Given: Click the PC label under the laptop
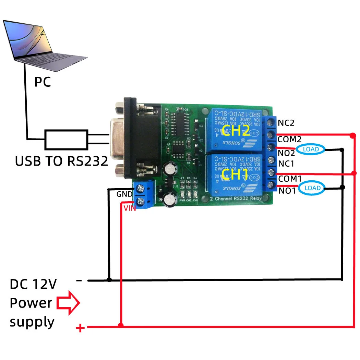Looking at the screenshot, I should tap(43, 82).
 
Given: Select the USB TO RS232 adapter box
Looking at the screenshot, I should tap(67, 140).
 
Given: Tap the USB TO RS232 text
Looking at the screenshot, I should tap(62, 161).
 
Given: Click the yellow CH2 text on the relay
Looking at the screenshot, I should tap(236, 131).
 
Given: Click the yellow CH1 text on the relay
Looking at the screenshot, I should tap(235, 175).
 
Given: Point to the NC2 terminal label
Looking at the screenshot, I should tap(286, 123).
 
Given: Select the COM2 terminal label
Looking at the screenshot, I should tap(289, 140).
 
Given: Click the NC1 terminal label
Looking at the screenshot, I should tap(286, 164).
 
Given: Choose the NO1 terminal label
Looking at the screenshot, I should tap(287, 191).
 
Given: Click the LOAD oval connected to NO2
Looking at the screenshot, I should tap(311, 149).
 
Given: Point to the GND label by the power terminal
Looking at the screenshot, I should tap(124, 194).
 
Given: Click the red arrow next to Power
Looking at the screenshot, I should tap(68, 303).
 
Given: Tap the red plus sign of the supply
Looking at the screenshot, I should tap(80, 328).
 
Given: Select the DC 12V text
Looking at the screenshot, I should tap(33, 284).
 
